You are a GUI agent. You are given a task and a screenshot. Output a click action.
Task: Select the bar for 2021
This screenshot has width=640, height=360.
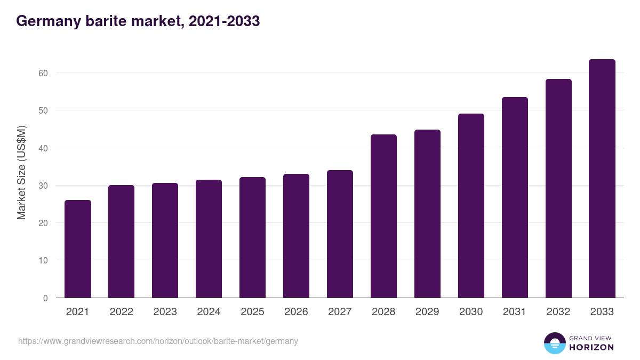point(78,249)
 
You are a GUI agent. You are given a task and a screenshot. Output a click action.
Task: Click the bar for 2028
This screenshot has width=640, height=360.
point(383,216)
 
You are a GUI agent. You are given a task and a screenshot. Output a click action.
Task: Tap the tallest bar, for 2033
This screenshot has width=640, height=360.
point(602,179)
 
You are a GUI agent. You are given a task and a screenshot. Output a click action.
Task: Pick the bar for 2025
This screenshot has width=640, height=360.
point(252,237)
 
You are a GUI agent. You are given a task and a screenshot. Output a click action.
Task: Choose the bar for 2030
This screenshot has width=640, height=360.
point(471,206)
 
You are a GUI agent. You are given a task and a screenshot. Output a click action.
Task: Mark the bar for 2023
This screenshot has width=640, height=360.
point(165,241)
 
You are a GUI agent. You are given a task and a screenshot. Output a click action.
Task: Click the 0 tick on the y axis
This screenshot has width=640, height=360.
point(45,298)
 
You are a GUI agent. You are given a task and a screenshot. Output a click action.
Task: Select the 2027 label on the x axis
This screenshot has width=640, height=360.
point(340,312)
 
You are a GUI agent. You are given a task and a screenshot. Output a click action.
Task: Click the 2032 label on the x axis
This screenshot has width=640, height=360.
point(558,312)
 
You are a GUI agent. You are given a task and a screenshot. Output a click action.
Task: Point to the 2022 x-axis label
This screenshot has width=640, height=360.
point(121,312)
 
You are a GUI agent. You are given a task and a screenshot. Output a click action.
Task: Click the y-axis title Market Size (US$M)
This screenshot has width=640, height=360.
point(21,172)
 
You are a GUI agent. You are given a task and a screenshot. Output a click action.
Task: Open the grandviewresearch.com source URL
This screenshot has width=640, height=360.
point(158,341)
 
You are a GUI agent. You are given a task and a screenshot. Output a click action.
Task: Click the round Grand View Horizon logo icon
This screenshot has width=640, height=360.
point(555,343)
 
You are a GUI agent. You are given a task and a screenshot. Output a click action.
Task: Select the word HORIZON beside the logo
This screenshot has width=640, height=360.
point(591,347)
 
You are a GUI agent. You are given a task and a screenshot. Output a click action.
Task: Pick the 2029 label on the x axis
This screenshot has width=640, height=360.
point(427,312)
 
